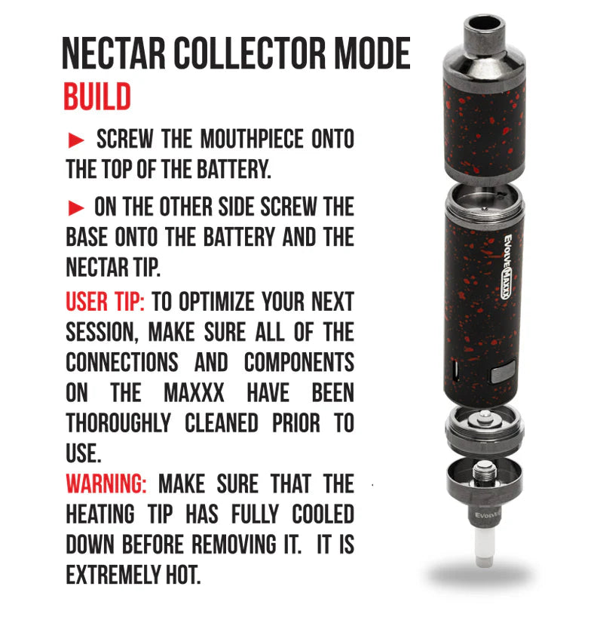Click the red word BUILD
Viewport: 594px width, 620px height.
(x=97, y=96)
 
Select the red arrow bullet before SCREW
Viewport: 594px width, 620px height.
(x=76, y=140)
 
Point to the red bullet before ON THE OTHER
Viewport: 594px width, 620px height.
(x=76, y=208)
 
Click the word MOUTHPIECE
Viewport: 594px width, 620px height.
(x=252, y=140)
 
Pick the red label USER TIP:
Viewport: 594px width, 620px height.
(x=105, y=302)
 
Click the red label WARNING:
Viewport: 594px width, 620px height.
(x=106, y=484)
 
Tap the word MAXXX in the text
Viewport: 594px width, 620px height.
(x=194, y=393)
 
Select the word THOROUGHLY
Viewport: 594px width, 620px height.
(x=118, y=423)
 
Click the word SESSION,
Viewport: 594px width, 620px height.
(x=103, y=332)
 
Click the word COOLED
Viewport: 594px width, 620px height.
(x=323, y=514)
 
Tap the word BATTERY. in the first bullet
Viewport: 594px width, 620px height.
(x=234, y=170)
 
